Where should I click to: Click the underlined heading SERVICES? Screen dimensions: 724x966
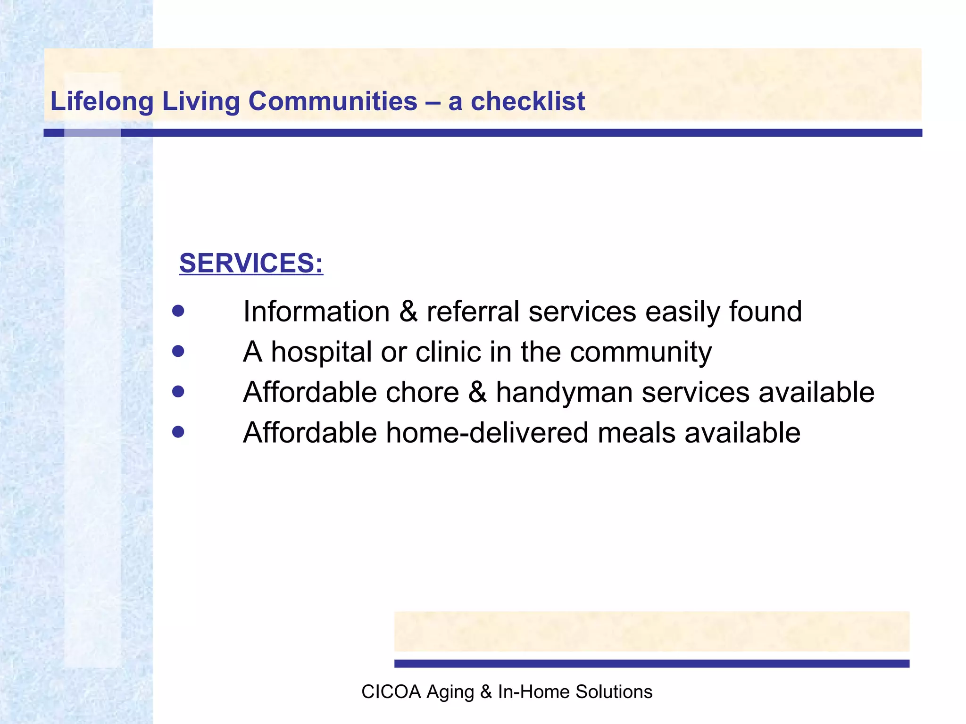251,263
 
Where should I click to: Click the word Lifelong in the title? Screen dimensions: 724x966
102,101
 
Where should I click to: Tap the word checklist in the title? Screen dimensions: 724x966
528,101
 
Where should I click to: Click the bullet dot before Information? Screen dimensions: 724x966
178,311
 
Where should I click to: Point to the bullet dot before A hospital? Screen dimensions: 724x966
178,352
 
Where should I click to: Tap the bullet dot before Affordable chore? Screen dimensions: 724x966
178,392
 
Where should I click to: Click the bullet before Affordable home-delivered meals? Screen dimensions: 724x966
178,432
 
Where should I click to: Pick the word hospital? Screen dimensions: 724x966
321,353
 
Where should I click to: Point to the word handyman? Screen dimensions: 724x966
564,393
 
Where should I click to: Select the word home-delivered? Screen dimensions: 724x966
487,433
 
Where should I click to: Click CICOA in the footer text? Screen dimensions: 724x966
391,692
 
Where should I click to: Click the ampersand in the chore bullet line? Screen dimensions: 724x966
477,392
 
